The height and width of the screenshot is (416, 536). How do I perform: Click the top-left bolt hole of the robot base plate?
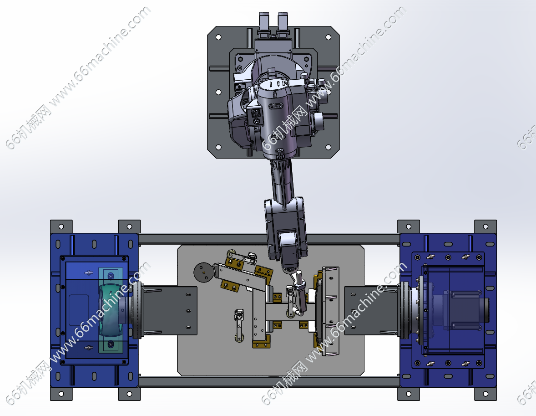pyautogui.click(x=219, y=37)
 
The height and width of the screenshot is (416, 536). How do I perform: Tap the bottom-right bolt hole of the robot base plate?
pyautogui.click(x=328, y=147)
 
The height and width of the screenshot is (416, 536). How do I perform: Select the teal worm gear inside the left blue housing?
pyautogui.click(x=111, y=310)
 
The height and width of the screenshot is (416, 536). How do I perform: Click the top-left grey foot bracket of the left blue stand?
pyautogui.click(x=61, y=226)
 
